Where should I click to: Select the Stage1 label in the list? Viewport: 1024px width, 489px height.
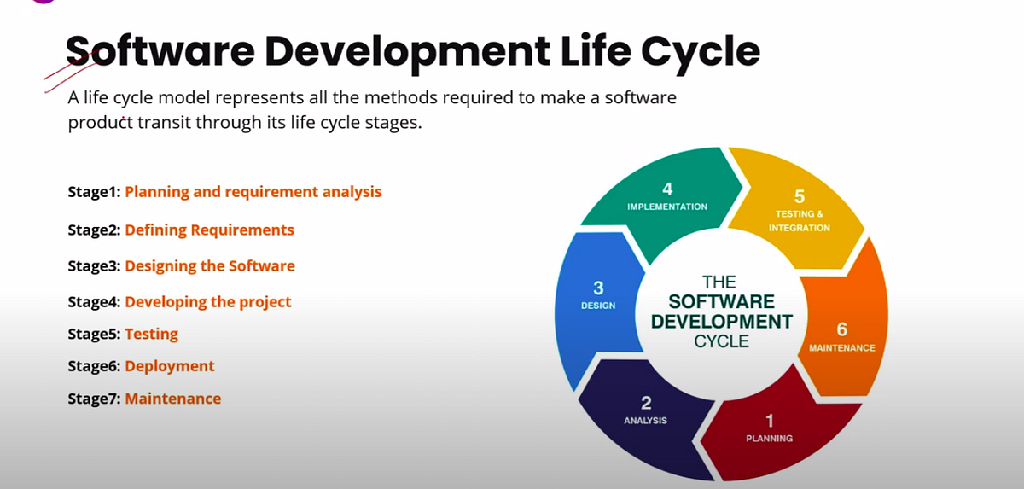coord(94,192)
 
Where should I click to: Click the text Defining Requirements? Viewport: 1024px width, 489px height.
coord(209,230)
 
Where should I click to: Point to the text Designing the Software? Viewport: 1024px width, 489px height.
coord(210,265)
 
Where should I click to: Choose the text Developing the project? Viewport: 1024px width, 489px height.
coord(208,301)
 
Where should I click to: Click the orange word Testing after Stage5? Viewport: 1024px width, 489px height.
coord(152,334)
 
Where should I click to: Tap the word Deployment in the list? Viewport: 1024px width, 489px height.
coord(170,366)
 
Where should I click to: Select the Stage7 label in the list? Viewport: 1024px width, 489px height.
coord(94,399)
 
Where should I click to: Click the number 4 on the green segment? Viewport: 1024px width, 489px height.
coord(667,189)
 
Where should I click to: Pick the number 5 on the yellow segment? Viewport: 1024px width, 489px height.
coord(799,197)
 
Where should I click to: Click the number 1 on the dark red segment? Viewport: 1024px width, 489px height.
coord(769,420)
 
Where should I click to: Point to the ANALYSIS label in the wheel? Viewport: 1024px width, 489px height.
coord(645,420)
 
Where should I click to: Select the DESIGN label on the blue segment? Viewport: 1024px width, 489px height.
coord(598,305)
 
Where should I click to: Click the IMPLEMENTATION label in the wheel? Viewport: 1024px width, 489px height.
coord(667,207)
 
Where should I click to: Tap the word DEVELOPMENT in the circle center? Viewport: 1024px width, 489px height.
coord(722,322)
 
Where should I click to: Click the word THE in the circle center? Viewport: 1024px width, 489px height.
coord(719,282)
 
